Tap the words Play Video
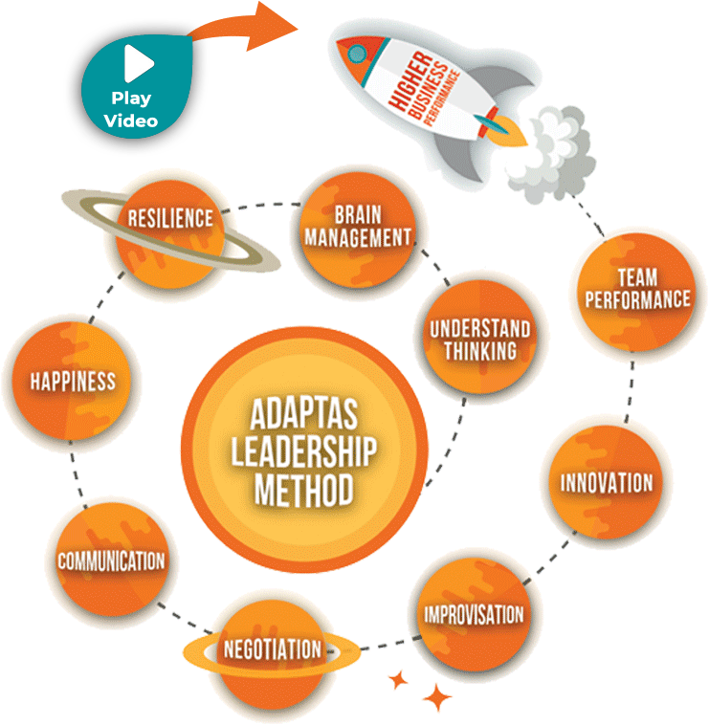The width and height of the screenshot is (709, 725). [x=132, y=109]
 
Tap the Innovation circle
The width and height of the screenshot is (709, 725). [x=607, y=481]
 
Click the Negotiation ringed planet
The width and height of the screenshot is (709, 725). [x=273, y=650]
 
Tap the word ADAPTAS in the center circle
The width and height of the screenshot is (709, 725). [x=302, y=417]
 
